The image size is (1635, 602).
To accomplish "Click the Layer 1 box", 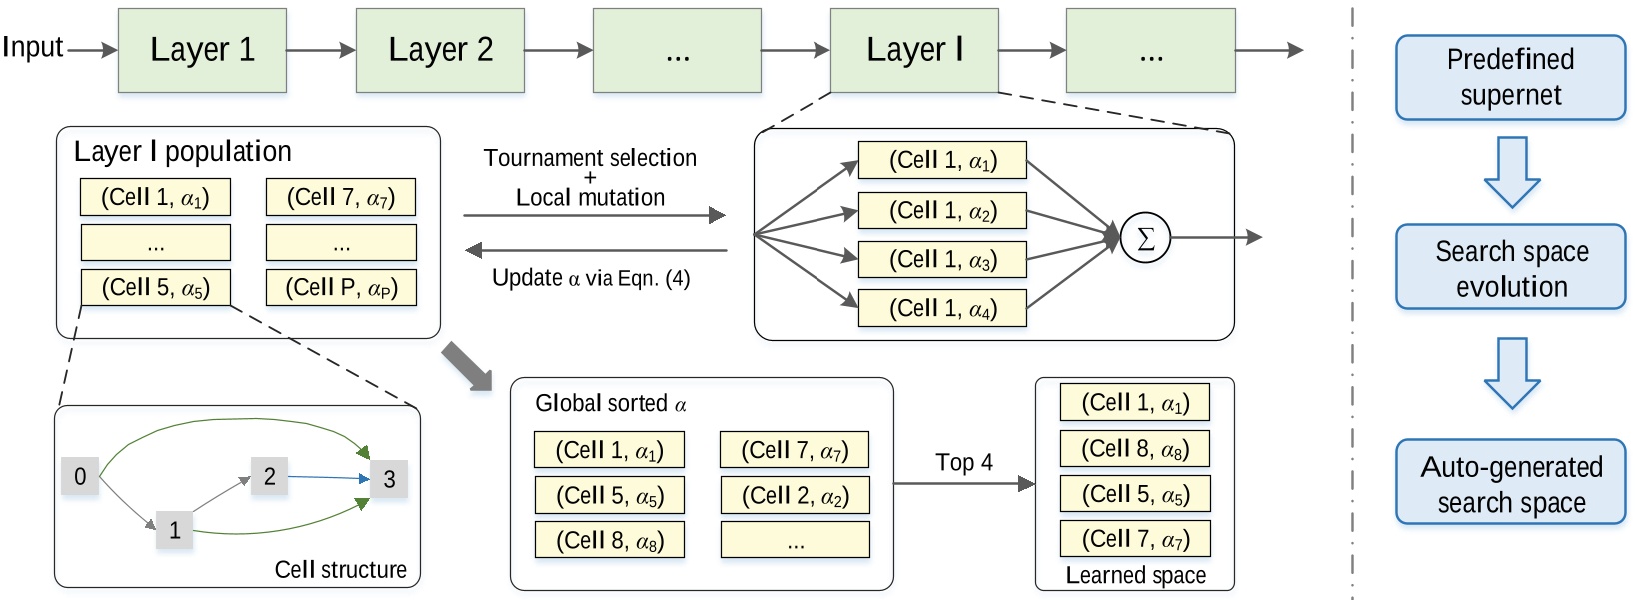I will tap(202, 50).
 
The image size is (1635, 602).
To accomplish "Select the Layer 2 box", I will tap(440, 50).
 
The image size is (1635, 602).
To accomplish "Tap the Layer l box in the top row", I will tap(913, 50).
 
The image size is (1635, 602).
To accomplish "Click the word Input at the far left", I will tap(32, 47).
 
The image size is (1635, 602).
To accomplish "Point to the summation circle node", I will tap(1145, 238).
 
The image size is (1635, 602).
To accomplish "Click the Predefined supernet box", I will tap(1510, 77).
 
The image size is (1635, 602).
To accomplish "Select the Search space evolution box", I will tap(1510, 268).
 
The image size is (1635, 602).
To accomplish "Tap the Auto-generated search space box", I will tap(1510, 483).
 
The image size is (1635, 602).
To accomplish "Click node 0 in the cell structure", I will tap(80, 476).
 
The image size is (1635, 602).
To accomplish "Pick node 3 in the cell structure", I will tap(389, 479).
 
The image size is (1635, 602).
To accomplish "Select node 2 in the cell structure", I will tap(269, 476).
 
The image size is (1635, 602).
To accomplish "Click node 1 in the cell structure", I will tap(175, 530).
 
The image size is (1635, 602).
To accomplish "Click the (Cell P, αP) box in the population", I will tap(341, 288).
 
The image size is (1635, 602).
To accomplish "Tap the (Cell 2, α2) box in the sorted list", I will tap(795, 495).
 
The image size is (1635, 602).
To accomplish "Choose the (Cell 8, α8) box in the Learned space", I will tap(1134, 449).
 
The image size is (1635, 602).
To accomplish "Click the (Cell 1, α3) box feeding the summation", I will tap(942, 260).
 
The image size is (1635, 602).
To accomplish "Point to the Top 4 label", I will tap(963, 462).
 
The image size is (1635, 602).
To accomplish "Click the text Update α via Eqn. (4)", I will tap(590, 278).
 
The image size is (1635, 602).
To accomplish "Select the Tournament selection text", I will tap(590, 158).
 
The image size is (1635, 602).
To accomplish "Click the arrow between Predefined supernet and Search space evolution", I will tap(1511, 172).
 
